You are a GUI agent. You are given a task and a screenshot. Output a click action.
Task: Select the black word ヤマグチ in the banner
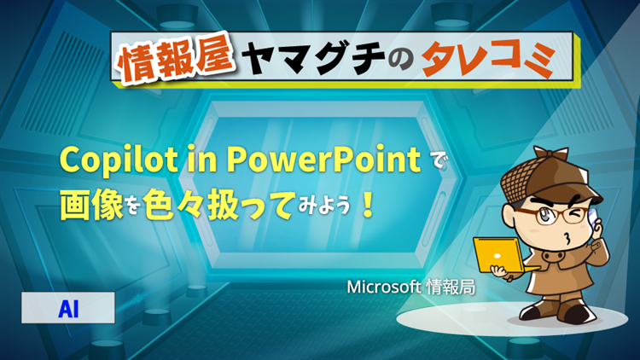pyautogui.click(x=313, y=58)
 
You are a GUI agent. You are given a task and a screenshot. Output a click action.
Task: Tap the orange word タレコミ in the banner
pyautogui.click(x=489, y=58)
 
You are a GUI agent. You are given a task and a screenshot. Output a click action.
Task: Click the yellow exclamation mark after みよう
pyautogui.click(x=368, y=206)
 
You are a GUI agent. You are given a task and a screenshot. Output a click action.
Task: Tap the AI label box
pyautogui.click(x=68, y=308)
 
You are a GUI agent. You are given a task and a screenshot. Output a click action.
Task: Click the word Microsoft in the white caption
pyautogui.click(x=384, y=287)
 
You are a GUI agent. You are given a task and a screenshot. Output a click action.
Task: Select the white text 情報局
pyautogui.click(x=451, y=287)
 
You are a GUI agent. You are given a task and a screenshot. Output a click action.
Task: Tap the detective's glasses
pyautogui.click(x=550, y=214)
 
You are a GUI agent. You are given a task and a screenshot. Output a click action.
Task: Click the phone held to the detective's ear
pyautogui.click(x=592, y=216)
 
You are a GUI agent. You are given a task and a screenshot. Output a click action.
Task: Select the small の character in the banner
pyautogui.click(x=401, y=61)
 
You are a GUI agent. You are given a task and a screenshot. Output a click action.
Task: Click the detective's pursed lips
pyautogui.click(x=567, y=238)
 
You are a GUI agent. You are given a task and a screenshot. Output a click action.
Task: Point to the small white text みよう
pyautogui.click(x=324, y=206)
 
